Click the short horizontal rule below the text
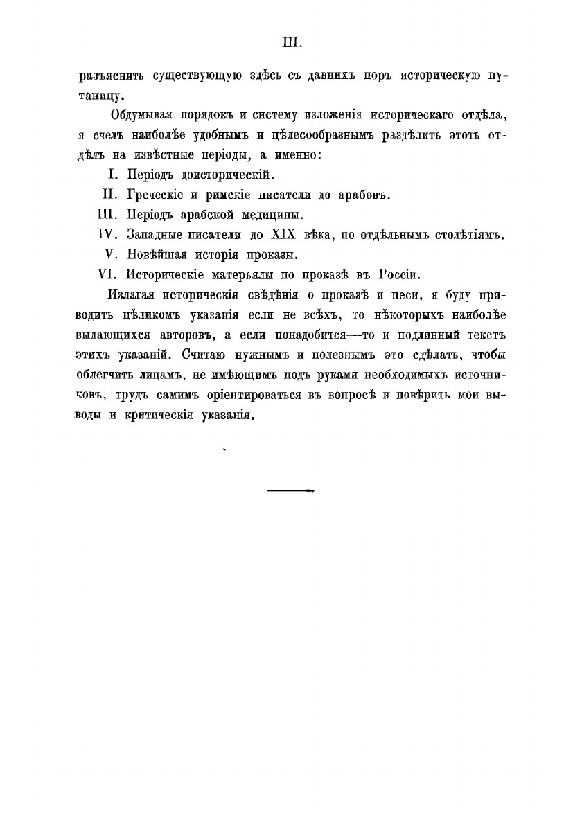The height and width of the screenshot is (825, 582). tap(290, 490)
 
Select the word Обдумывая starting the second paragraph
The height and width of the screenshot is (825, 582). tap(141, 114)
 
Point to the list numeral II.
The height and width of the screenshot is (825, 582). tap(111, 195)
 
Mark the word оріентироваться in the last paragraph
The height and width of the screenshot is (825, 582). tap(249, 396)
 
